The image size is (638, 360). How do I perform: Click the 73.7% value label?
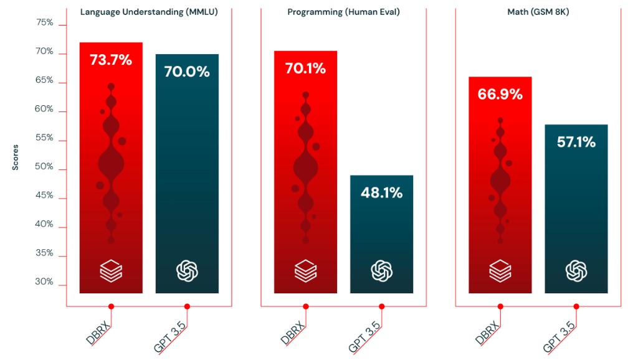click(x=111, y=60)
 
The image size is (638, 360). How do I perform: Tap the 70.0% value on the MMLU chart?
click(x=187, y=71)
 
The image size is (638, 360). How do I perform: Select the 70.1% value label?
click(x=305, y=69)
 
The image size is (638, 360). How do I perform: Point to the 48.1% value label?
click(x=381, y=192)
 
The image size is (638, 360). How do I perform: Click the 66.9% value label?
click(x=500, y=94)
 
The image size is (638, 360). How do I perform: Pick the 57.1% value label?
click(x=576, y=142)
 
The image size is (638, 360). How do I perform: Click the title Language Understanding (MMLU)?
click(x=149, y=11)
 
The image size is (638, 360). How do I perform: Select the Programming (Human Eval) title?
click(x=343, y=11)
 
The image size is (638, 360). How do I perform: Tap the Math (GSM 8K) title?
click(x=538, y=11)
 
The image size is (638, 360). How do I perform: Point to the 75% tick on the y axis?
click(x=45, y=23)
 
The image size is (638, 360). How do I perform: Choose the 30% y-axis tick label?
click(x=45, y=282)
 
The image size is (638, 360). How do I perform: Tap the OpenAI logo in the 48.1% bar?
click(x=381, y=271)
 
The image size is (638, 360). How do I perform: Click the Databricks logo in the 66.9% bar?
click(x=500, y=271)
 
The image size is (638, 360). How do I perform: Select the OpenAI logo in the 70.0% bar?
click(x=187, y=271)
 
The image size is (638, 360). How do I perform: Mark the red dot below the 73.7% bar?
click(x=111, y=306)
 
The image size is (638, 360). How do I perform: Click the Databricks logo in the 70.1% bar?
click(x=305, y=271)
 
